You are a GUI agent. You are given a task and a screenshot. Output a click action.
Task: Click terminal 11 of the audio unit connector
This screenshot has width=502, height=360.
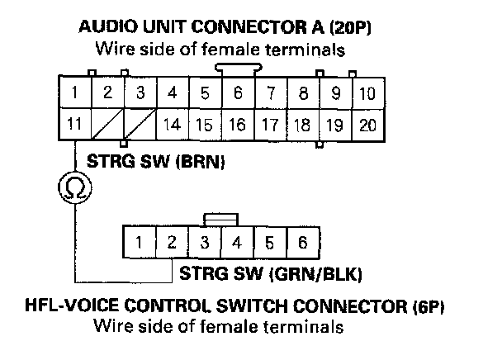75,126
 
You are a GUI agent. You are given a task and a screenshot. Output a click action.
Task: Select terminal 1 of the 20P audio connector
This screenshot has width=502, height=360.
75,93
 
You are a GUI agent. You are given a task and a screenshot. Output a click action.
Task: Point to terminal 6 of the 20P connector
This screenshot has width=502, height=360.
237,93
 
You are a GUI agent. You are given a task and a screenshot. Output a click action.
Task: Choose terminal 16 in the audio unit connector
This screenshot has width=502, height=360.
237,126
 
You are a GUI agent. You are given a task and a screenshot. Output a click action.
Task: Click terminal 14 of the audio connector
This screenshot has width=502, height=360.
172,126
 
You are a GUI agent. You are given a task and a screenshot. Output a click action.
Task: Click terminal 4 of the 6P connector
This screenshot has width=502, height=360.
237,244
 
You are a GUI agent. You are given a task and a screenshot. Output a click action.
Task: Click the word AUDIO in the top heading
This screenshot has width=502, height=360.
105,27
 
